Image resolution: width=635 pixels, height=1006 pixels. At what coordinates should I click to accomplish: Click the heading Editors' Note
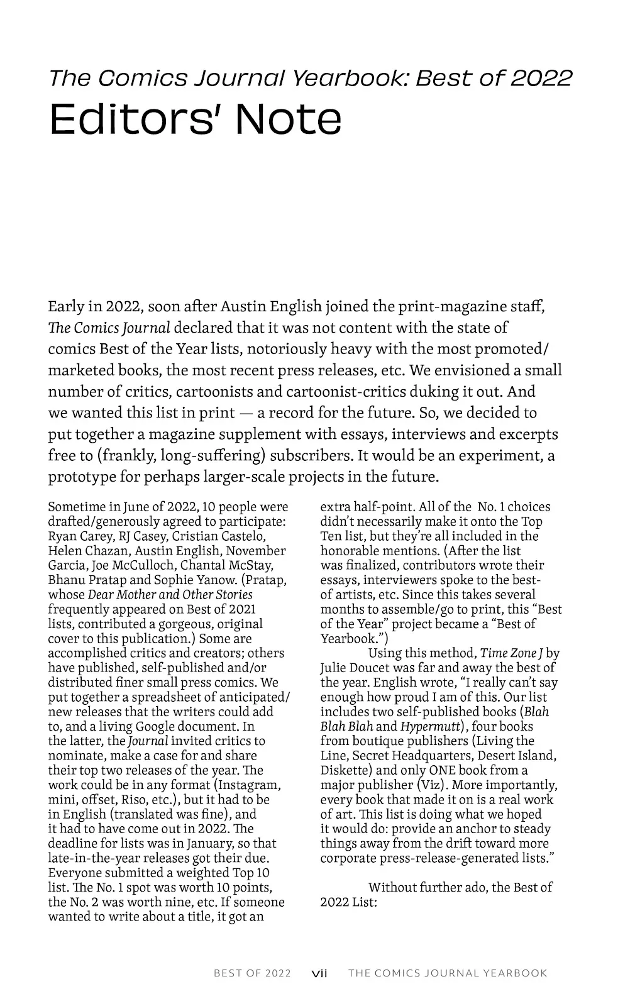(x=195, y=119)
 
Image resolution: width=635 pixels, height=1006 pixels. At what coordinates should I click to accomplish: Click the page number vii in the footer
(x=320, y=973)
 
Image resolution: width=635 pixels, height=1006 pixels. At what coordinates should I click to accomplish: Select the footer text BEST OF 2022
(x=252, y=973)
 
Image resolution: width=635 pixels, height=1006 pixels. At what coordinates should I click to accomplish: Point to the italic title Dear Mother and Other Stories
(x=170, y=594)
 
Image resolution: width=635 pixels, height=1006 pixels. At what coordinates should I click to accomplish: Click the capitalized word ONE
(x=443, y=770)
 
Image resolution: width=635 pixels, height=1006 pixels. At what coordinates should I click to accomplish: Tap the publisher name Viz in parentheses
(x=431, y=785)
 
